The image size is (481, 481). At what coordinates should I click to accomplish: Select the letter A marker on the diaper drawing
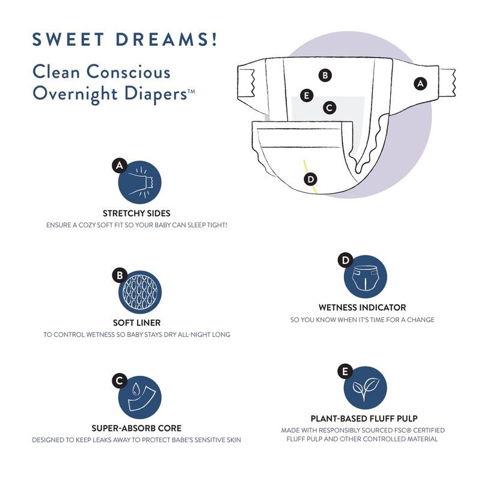tap(420, 84)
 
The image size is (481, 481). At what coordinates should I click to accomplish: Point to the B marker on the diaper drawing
tap(325, 75)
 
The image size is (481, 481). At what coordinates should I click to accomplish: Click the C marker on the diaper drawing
tap(329, 108)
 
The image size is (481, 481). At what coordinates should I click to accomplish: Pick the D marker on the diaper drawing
tap(311, 179)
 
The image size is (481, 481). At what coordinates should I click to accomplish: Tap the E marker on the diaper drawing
tap(307, 95)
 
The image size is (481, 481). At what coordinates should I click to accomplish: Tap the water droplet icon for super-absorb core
tap(140, 397)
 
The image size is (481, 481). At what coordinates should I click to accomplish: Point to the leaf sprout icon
tap(365, 388)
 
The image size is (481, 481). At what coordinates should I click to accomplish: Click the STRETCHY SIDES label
tap(136, 213)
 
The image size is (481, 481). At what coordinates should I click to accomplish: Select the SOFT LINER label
tap(136, 323)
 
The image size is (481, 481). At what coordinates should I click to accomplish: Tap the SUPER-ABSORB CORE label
tap(136, 429)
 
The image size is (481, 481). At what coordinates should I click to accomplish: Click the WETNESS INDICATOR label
tap(362, 307)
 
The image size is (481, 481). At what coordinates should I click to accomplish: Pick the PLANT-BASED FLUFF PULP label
tap(364, 418)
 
